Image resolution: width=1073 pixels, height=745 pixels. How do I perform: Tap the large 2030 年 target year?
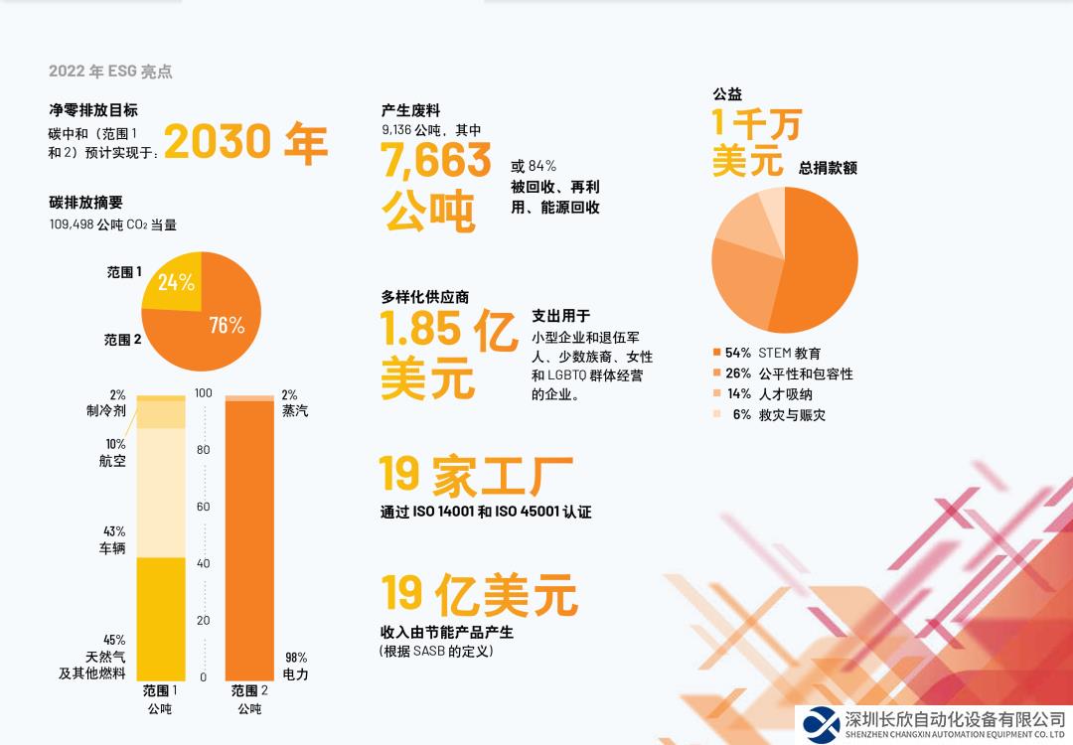pyautogui.click(x=245, y=143)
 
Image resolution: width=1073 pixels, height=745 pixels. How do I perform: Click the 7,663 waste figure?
pyautogui.click(x=436, y=160)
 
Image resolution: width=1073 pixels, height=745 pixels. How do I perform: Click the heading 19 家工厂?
pyautogui.click(x=476, y=475)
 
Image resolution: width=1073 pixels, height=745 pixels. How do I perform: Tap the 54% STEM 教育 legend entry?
pyautogui.click(x=767, y=353)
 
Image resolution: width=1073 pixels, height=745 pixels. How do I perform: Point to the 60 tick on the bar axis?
pyautogui.click(x=204, y=507)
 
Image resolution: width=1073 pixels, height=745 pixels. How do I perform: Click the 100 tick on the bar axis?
pyautogui.click(x=204, y=393)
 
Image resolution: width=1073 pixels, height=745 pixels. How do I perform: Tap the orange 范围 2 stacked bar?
pyautogui.click(x=248, y=536)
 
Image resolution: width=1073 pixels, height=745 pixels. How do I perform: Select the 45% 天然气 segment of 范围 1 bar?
pyautogui.click(x=161, y=618)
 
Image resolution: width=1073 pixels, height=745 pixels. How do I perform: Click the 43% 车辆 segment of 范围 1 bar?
pyautogui.click(x=161, y=492)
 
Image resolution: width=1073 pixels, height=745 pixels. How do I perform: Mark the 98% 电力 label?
pyautogui.click(x=295, y=666)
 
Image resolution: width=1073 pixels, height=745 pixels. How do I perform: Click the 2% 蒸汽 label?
pyautogui.click(x=294, y=402)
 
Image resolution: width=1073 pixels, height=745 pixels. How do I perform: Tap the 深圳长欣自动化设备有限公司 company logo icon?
pyautogui.click(x=822, y=724)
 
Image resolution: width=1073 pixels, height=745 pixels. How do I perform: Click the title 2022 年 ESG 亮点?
pyautogui.click(x=110, y=72)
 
